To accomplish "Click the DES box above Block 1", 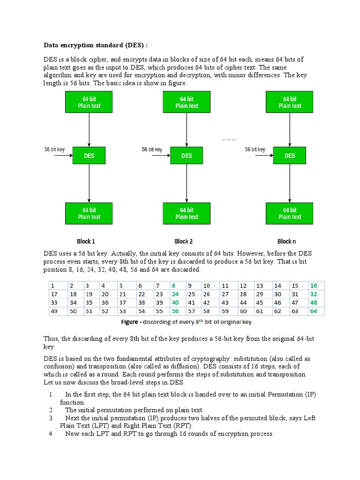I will click(x=89, y=156).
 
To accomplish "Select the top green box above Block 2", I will click(x=187, y=102).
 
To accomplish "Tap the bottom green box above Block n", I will click(x=290, y=213).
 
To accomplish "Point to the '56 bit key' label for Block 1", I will click(x=55, y=150).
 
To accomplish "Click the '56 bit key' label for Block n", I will click(x=255, y=150).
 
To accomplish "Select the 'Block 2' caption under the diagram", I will click(x=184, y=241).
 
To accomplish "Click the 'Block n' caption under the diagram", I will click(x=286, y=241).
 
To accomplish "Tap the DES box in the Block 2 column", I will click(x=187, y=156).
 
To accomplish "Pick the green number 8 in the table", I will click(x=173, y=285).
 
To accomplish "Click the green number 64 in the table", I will click(x=314, y=311).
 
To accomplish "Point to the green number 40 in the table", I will click(x=175, y=302).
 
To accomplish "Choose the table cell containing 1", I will click(x=53, y=285).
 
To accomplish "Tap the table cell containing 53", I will click(x=122, y=311).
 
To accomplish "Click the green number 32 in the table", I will click(x=314, y=294).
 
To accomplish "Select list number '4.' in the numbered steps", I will click(x=52, y=434).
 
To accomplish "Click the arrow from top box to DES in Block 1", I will click(x=89, y=130).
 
